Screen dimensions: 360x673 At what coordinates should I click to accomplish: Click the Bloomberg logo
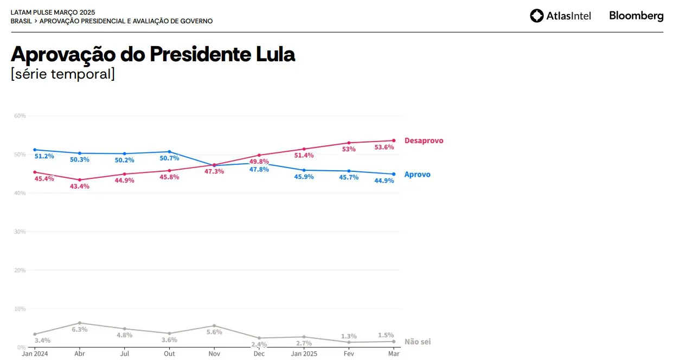636,16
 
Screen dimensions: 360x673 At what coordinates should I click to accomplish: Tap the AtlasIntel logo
561,16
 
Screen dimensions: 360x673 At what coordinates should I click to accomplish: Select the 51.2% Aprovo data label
44,156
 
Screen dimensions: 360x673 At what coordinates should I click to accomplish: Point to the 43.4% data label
79,187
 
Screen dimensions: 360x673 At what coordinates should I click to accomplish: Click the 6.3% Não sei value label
80,329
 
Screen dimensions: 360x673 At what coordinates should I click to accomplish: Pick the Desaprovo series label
424,140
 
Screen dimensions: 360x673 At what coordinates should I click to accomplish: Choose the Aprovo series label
417,175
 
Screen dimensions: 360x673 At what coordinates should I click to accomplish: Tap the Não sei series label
418,342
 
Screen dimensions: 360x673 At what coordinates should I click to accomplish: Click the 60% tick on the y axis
20,116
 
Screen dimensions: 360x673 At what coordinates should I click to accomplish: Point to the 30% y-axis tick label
20,232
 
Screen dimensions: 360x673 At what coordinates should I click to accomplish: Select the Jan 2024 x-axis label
35,354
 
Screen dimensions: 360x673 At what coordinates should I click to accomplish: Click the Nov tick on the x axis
214,354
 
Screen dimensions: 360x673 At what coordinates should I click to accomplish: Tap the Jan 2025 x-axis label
304,354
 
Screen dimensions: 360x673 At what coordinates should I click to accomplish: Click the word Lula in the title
275,54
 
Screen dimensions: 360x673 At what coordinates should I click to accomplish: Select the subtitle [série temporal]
63,74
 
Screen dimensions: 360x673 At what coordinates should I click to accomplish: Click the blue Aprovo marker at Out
169,152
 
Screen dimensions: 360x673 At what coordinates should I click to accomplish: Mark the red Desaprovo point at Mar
394,140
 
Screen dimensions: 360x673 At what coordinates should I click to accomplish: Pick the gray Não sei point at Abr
80,323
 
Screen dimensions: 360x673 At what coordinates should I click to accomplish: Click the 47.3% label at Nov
214,171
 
